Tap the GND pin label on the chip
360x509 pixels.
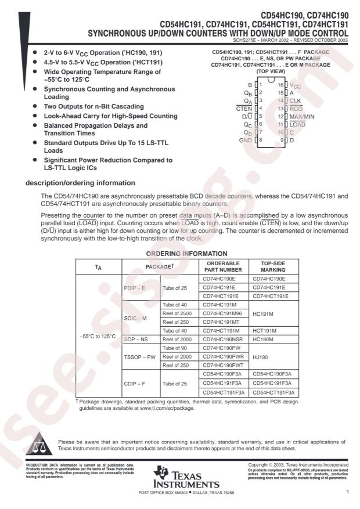[245, 140]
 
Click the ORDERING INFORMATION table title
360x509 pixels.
[186, 254]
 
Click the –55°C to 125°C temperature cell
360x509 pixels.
[97, 336]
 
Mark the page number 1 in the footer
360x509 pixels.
[347, 492]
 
